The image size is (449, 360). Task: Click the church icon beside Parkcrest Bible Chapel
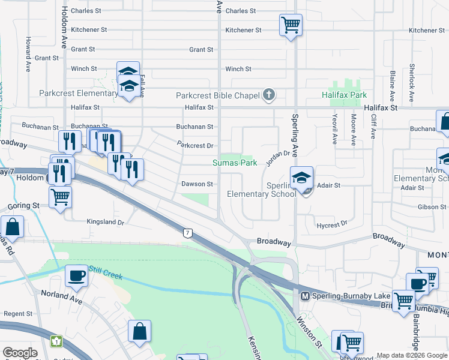[x=268, y=95]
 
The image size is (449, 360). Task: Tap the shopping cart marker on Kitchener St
[x=291, y=25]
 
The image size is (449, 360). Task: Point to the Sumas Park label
[x=235, y=163]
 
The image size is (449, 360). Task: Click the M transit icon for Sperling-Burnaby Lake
[x=304, y=296]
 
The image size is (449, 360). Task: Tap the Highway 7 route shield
[x=187, y=232]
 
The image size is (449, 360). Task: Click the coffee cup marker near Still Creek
[x=76, y=275]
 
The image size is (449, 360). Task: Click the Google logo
[x=20, y=353]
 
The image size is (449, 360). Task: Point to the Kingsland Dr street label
[x=105, y=222]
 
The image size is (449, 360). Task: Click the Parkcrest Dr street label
[x=195, y=145]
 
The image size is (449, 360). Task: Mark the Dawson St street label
[x=197, y=184]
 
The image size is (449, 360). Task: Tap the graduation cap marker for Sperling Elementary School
[x=301, y=178]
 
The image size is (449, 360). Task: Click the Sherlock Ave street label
[x=412, y=77]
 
